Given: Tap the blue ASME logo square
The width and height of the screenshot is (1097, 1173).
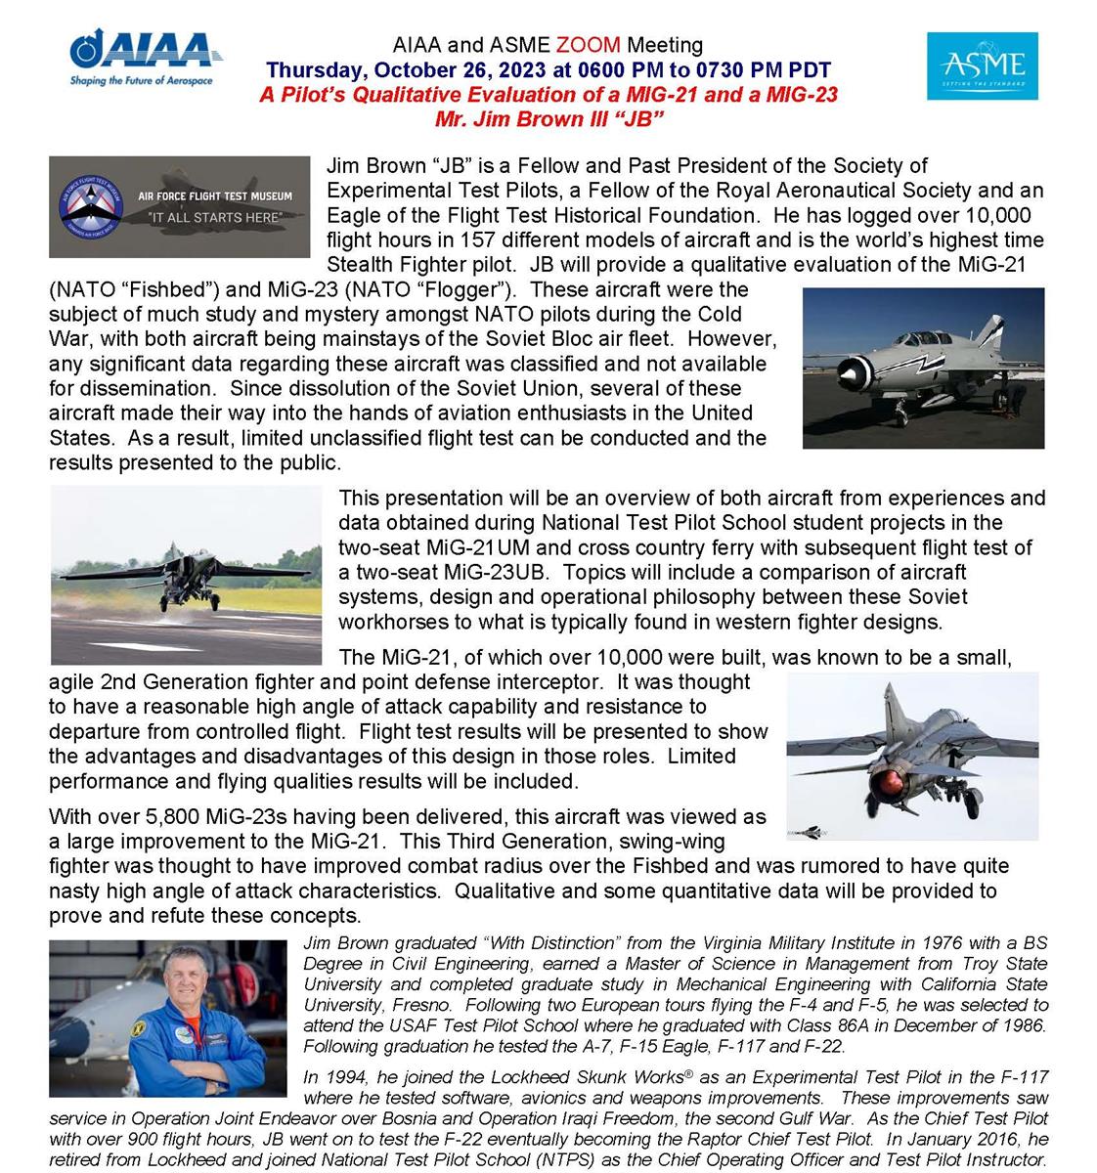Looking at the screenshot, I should click(982, 65).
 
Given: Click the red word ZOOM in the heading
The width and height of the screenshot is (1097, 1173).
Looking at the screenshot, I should click(589, 45).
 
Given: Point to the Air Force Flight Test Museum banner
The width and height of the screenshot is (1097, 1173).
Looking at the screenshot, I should click(179, 206).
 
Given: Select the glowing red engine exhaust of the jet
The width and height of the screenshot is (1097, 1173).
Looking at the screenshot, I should click(892, 781).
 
